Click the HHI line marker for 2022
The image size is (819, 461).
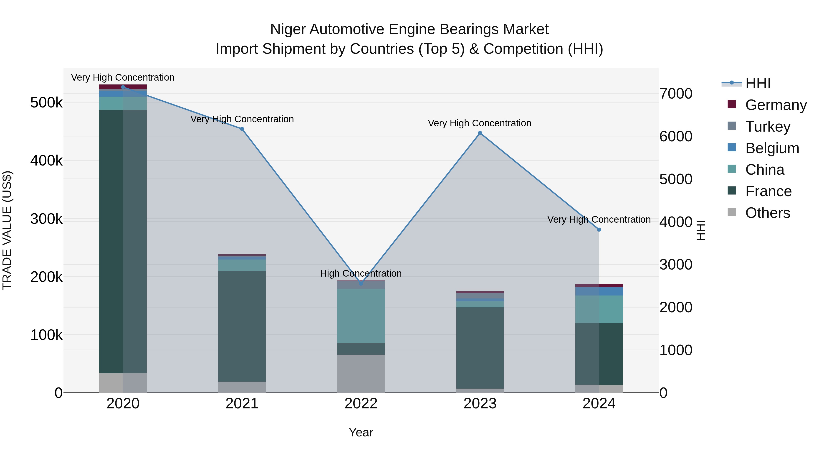pos(361,283)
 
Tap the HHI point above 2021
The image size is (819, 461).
pos(242,129)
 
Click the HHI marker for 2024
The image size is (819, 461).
pos(599,229)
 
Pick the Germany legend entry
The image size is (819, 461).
pos(776,105)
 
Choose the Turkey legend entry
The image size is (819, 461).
pos(768,127)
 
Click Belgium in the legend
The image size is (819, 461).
pos(772,148)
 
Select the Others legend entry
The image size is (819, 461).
pos(768,213)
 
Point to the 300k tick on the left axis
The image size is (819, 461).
pos(46,219)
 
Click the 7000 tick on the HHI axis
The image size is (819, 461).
pos(676,94)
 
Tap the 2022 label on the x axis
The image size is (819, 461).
pos(361,404)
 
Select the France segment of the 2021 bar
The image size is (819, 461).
pos(242,326)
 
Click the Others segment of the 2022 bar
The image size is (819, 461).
pos(361,374)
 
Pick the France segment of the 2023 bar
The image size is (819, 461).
pos(480,348)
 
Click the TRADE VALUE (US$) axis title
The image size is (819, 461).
pos(7,230)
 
